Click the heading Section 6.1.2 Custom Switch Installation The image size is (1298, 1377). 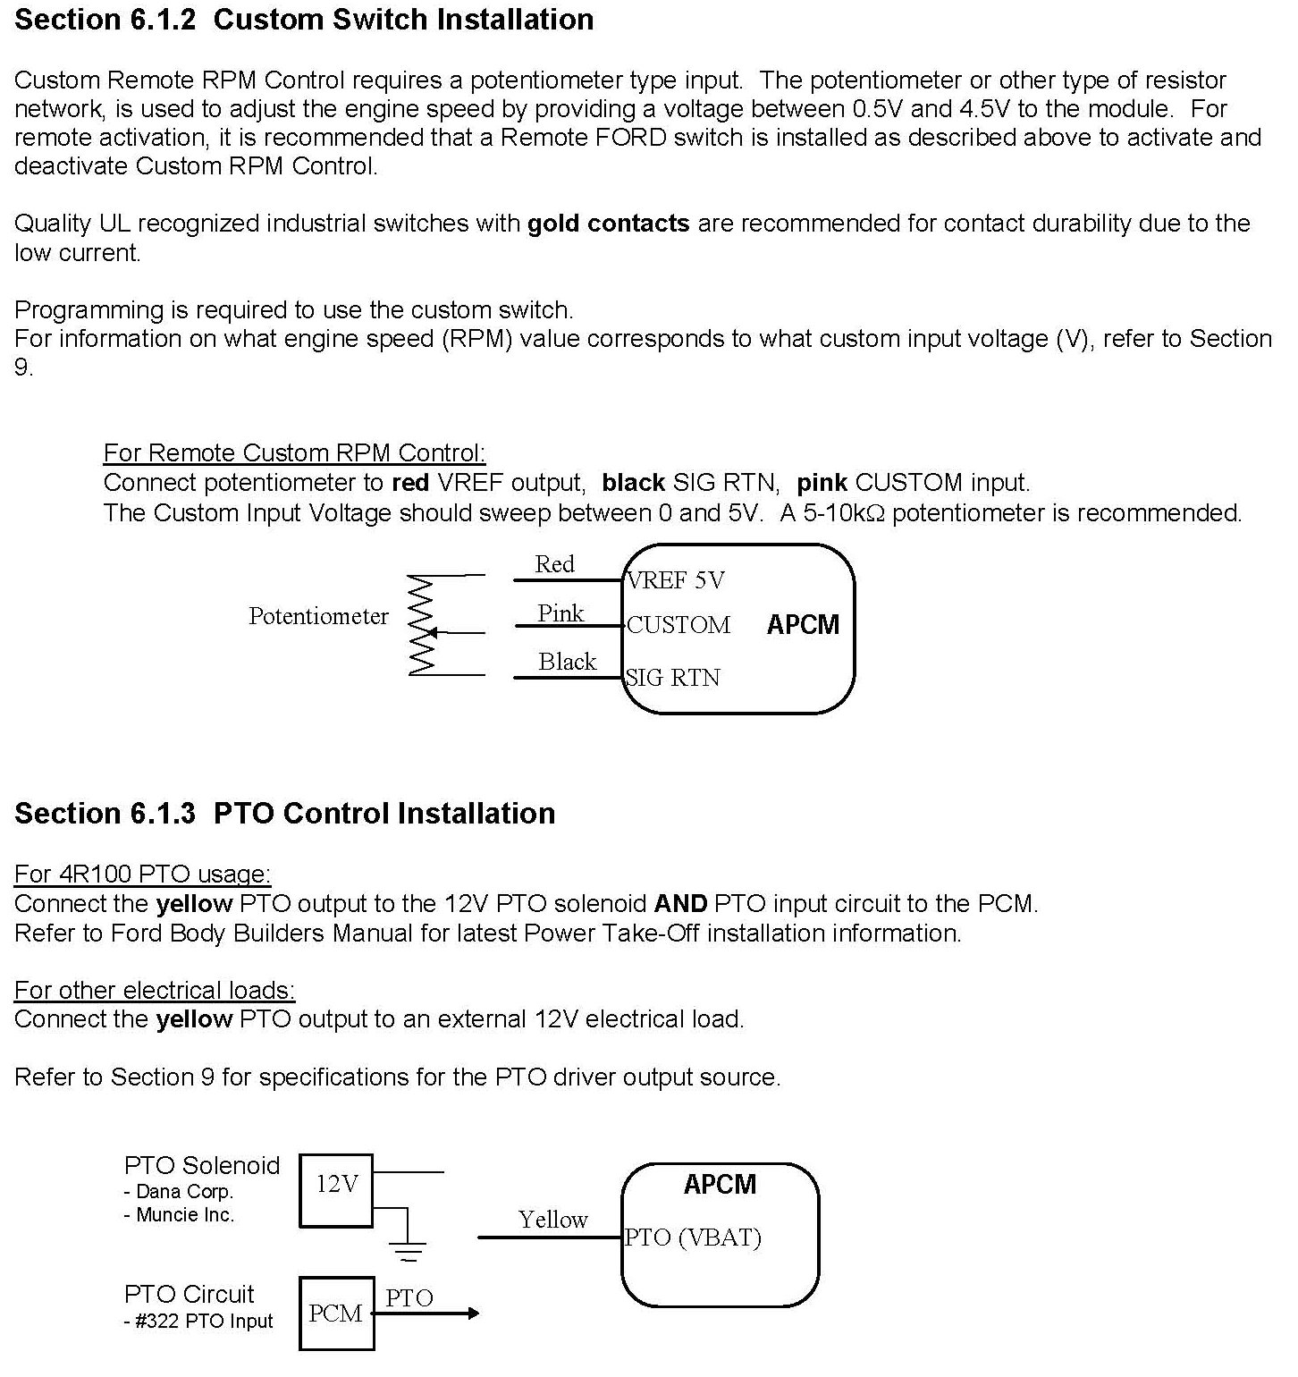tap(304, 20)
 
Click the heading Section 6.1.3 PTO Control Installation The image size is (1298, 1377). tap(284, 813)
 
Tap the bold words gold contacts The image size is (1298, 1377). tap(608, 223)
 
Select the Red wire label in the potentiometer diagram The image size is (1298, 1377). tap(554, 564)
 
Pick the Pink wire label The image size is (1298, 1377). tap(560, 613)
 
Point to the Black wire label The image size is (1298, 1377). tap(567, 662)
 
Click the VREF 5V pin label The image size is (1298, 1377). tap(676, 580)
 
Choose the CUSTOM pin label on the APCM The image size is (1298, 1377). tap(678, 625)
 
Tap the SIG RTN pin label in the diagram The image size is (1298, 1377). tap(673, 678)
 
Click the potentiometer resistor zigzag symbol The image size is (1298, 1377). tap(421, 625)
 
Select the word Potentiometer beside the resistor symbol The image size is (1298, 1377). tap(318, 616)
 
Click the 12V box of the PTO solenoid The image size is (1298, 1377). tap(336, 1190)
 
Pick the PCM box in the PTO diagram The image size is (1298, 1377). tap(336, 1313)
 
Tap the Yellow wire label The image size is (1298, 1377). tap(552, 1220)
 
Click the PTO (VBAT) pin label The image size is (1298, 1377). tap(693, 1238)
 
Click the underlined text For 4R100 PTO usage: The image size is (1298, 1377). tap(142, 874)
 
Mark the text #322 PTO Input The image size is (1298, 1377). tap(204, 1322)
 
